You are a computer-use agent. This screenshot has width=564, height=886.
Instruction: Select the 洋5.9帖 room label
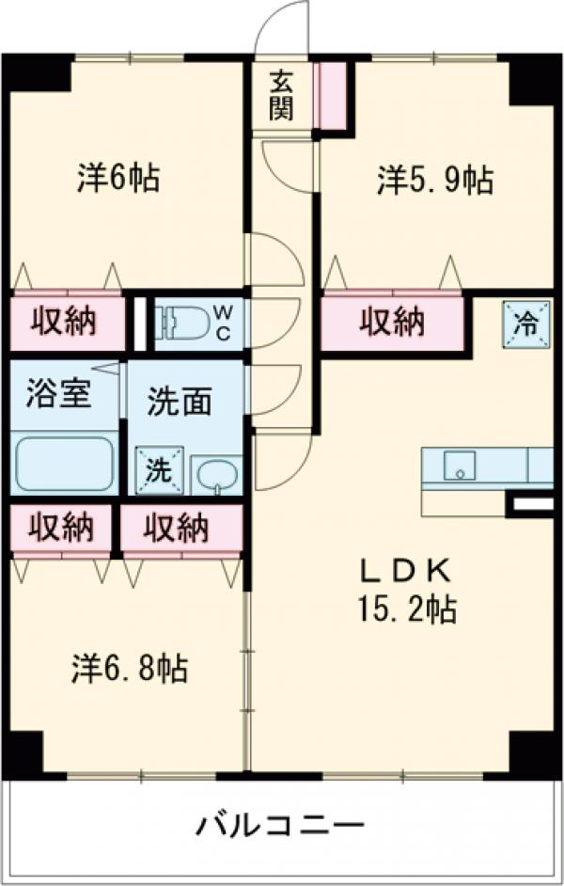[x=435, y=181]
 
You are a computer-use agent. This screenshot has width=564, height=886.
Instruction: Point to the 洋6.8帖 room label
[x=130, y=669]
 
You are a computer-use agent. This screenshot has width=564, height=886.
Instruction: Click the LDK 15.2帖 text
[x=405, y=592]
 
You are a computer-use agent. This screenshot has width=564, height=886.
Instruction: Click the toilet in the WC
[x=183, y=324]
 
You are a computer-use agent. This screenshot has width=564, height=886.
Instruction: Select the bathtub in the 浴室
[x=65, y=464]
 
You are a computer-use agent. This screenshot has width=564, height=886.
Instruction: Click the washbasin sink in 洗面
[x=217, y=474]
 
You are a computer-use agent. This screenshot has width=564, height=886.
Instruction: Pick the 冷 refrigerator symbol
[x=525, y=324]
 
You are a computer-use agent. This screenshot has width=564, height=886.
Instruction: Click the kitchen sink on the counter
[x=461, y=465]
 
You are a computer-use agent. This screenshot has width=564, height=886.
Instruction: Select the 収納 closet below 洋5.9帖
[x=392, y=323]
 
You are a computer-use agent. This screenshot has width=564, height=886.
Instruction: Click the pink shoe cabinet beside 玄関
[x=332, y=95]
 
